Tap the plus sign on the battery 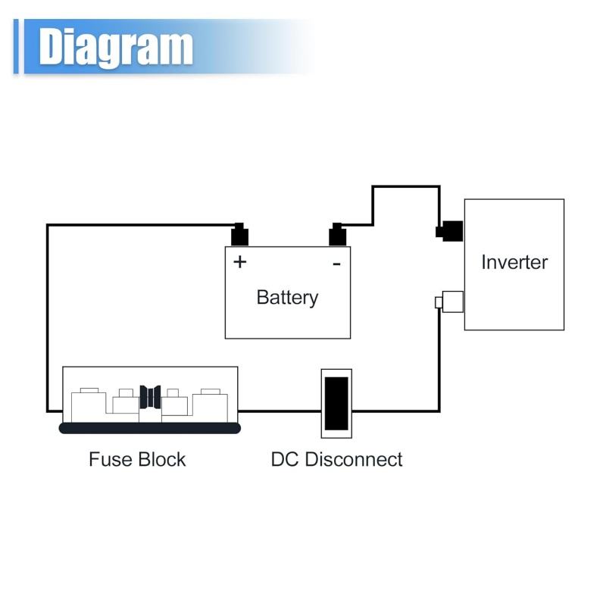coord(239,262)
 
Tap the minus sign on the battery coord(336,264)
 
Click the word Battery coord(287,297)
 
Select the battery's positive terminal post coord(239,235)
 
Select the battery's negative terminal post coord(338,235)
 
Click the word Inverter coord(514,262)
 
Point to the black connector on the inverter coord(451,230)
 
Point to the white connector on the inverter coord(451,301)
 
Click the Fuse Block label coord(137,459)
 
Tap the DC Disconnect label coord(336,459)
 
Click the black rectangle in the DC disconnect coord(336,403)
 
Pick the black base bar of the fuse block coord(150,428)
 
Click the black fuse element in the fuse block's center coord(150,397)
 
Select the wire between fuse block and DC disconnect coord(279,411)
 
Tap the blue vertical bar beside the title coord(17,47)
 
